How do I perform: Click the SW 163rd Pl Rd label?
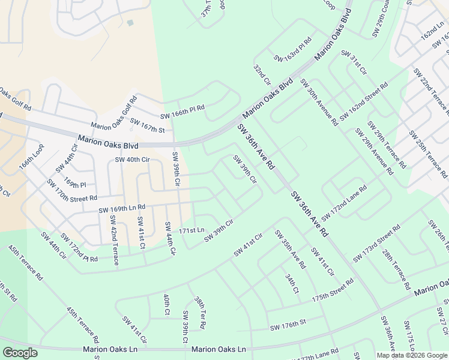pos(293,50)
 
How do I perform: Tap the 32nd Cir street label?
pos(262,76)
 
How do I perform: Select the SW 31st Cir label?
pos(354,62)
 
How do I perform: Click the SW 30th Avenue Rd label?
pos(319,102)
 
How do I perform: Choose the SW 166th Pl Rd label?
pos(182,112)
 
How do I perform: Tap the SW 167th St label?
pos(148,126)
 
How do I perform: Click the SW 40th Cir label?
pos(132,160)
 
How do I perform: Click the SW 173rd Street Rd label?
pos(377,241)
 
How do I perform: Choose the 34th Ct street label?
pos(292,284)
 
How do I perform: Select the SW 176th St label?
pos(288,325)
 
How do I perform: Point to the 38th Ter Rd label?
pos(200,313)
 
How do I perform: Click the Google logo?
pos(20,353)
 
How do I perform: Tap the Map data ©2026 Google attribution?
pos(412,355)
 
